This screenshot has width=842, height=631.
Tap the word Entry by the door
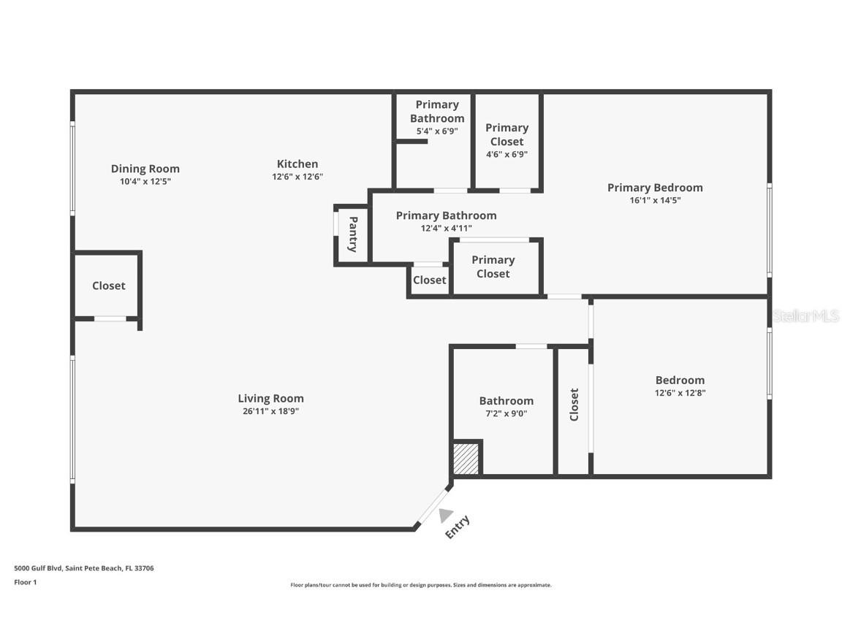458,527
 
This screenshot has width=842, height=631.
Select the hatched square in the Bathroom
466,459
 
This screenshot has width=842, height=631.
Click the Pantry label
352,234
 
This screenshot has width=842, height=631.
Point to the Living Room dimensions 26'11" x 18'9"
270,411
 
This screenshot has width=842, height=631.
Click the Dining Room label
145,169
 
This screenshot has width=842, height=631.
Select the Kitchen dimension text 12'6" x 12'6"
297,177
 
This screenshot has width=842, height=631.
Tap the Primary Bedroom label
655,188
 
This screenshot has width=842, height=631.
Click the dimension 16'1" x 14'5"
655,200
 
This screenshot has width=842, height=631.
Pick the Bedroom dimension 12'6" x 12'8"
680,393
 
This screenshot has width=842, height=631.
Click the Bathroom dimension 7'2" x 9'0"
506,413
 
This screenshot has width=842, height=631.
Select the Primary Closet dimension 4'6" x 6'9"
507,154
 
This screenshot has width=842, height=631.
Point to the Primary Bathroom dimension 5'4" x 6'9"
437,131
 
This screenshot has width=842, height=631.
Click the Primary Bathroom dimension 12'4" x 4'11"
446,228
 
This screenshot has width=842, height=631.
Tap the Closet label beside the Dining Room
109,286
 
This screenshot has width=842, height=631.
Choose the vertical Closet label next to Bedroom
574,404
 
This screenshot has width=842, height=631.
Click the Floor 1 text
25,582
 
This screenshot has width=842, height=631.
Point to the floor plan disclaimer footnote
421,585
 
